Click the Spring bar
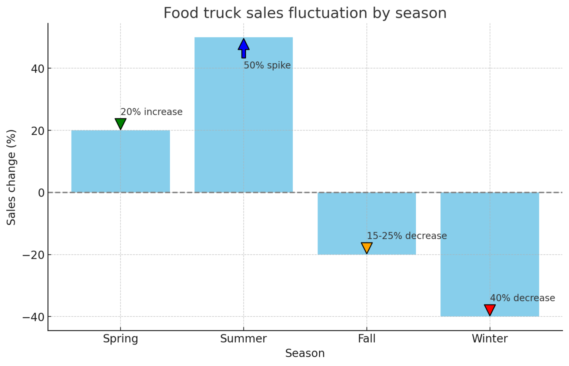[x=120, y=161]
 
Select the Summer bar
[x=244, y=115]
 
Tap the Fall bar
[x=366, y=224]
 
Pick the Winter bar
[x=490, y=254]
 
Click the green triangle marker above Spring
[x=120, y=123]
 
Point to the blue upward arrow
[x=244, y=48]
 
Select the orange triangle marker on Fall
[x=366, y=248]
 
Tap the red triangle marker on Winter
[x=490, y=310]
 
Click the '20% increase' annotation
[x=152, y=112]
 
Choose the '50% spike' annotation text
[x=267, y=65]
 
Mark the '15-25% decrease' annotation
[x=407, y=236]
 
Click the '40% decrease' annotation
[x=523, y=298]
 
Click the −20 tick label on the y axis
[x=34, y=255]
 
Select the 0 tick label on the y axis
[x=41, y=193]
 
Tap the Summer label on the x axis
[x=244, y=339]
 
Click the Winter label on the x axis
[x=490, y=339]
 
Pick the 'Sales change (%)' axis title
[x=11, y=178]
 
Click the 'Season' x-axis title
[x=305, y=353]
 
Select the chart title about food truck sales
[x=305, y=13]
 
